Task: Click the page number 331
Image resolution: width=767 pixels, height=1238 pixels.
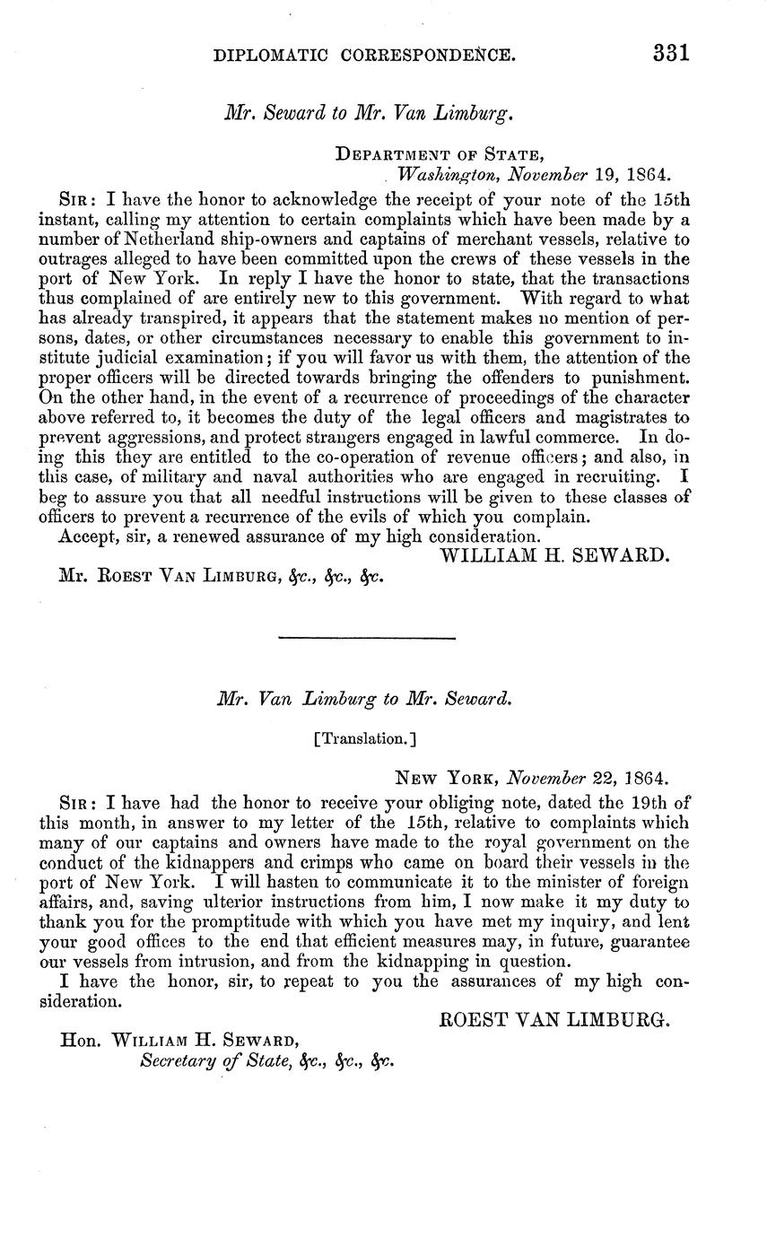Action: [670, 51]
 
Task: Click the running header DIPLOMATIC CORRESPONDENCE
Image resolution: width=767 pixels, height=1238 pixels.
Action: [364, 55]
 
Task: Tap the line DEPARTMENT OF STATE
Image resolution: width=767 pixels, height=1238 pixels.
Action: [439, 154]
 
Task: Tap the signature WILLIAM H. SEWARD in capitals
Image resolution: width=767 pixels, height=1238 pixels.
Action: [555, 555]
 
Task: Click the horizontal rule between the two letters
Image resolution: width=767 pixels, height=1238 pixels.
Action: [367, 638]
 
